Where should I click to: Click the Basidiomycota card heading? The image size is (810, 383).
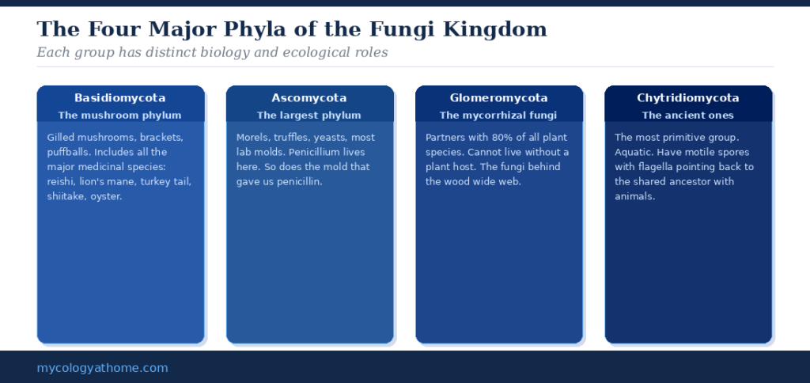(x=120, y=98)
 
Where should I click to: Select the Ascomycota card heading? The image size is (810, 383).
(x=309, y=98)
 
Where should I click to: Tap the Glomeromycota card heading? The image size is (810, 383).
(x=498, y=98)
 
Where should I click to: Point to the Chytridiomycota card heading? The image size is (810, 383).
(x=687, y=98)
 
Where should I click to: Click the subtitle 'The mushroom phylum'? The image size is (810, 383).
(x=120, y=116)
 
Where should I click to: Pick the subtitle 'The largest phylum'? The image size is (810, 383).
(x=309, y=116)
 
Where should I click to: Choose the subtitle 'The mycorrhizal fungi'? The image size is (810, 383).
(x=498, y=116)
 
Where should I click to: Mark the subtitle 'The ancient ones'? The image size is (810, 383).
(x=687, y=116)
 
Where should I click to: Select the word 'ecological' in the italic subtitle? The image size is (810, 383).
(x=297, y=53)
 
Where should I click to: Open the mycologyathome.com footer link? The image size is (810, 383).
(x=102, y=368)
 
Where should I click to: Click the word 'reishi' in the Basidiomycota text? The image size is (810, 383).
(x=61, y=181)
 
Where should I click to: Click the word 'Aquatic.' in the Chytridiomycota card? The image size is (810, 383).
(x=634, y=152)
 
